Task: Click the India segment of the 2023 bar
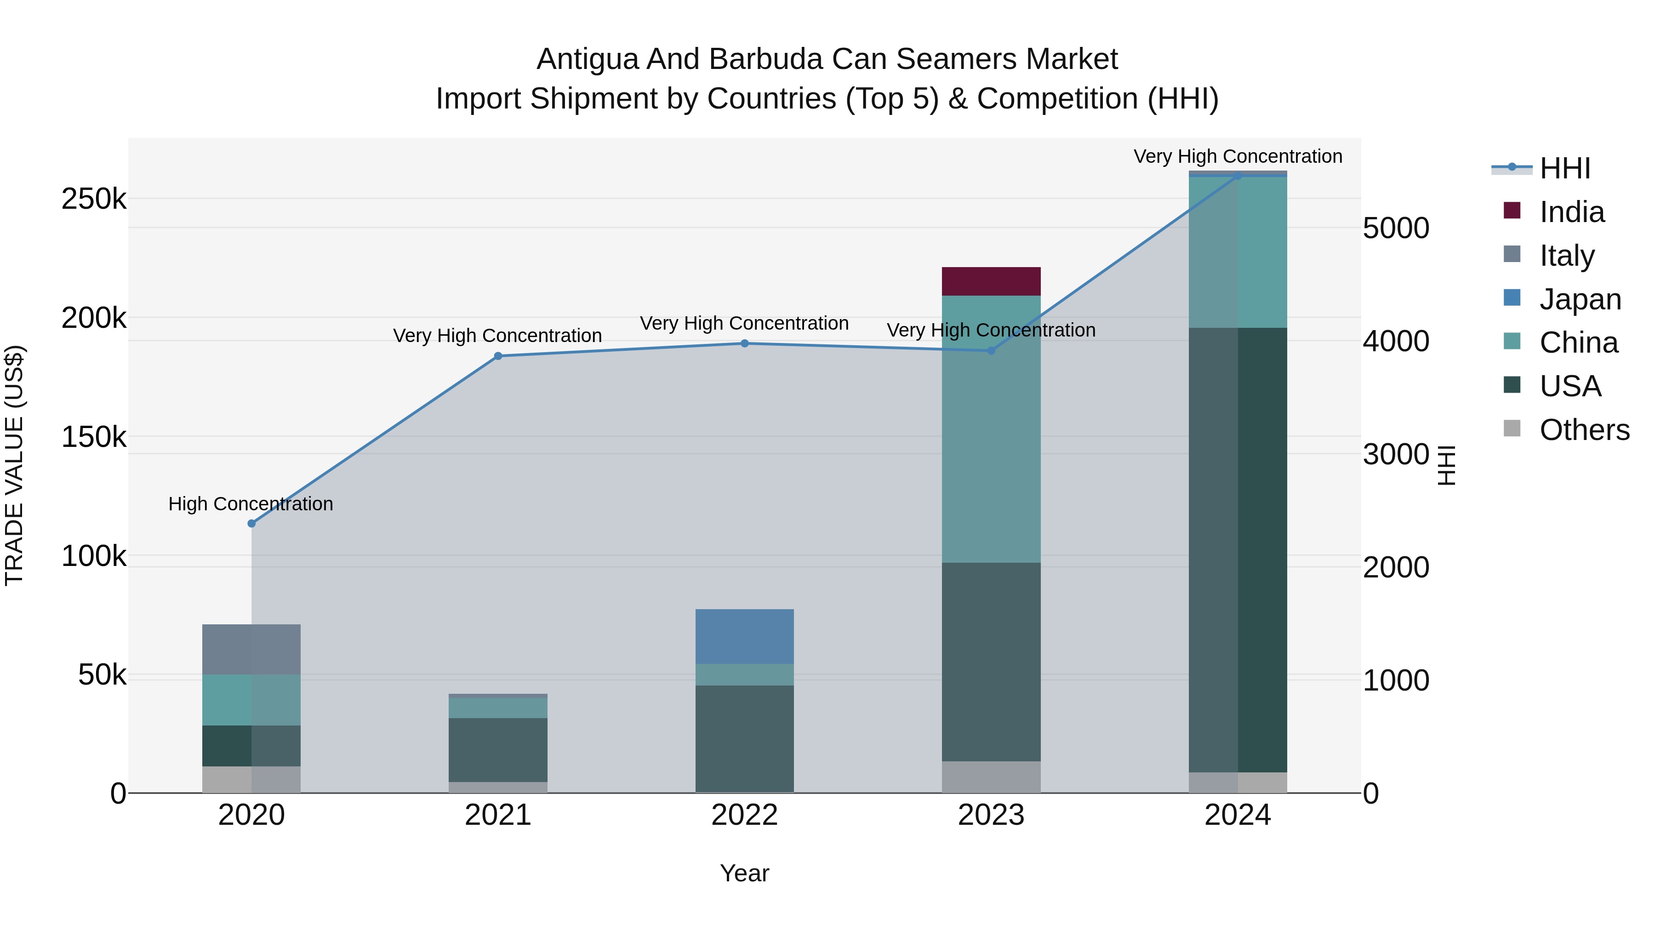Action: coord(991,281)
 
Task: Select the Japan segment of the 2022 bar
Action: coord(745,636)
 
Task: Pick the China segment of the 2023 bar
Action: coord(991,429)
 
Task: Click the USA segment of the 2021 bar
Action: coord(498,749)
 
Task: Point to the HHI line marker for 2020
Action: coord(251,524)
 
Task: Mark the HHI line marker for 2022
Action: coord(745,344)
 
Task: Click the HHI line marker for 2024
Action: coord(1238,176)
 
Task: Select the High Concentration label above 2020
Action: coord(251,504)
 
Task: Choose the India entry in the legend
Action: coord(1571,212)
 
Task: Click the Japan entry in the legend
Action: coord(1580,299)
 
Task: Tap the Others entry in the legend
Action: coord(1584,430)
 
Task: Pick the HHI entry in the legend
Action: coord(1565,168)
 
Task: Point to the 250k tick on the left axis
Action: coord(94,199)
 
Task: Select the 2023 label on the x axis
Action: coord(991,815)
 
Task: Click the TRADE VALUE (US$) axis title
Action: coord(14,465)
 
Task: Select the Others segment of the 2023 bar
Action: coord(991,777)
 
